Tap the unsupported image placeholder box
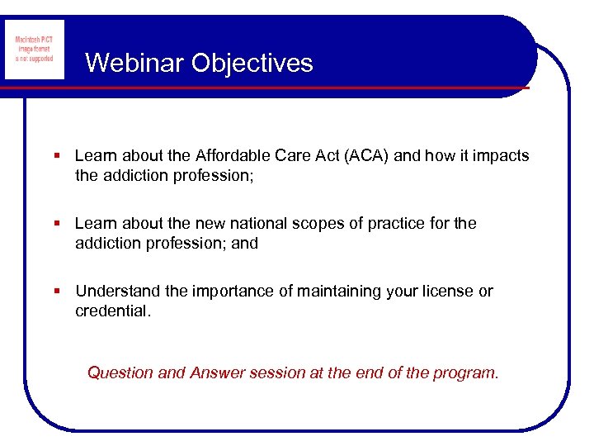(x=35, y=50)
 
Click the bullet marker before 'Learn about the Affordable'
(x=57, y=156)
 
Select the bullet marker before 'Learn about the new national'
(x=57, y=224)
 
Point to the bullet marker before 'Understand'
(x=57, y=292)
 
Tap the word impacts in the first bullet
(x=502, y=155)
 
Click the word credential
(x=113, y=311)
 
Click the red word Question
(x=120, y=372)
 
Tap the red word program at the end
(x=469, y=372)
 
